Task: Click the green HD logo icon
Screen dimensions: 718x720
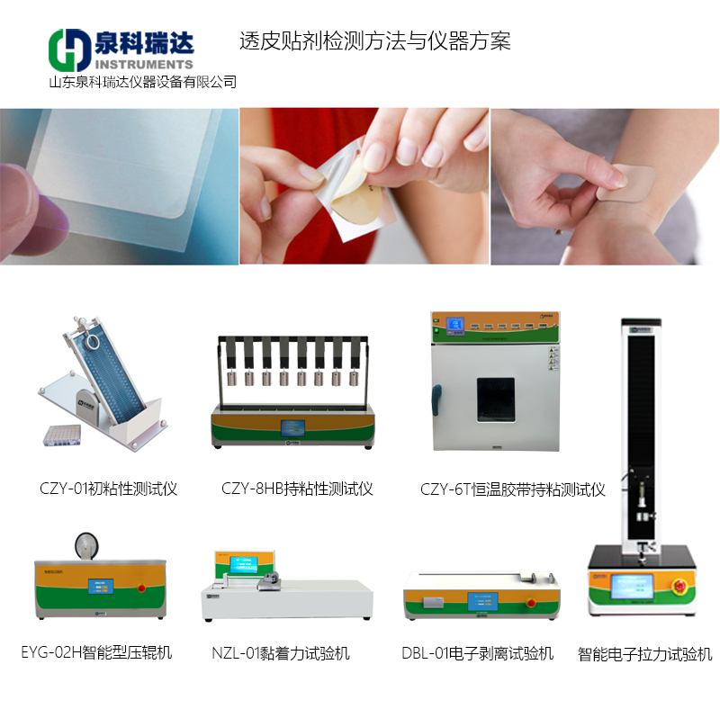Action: pyautogui.click(x=68, y=50)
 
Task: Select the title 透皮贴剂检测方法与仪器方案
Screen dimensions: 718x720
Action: pyautogui.click(x=375, y=41)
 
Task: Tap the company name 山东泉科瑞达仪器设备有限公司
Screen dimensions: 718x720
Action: pyautogui.click(x=142, y=82)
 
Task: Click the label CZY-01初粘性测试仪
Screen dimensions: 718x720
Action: pyautogui.click(x=108, y=489)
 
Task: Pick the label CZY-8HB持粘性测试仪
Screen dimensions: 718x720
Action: pyautogui.click(x=297, y=489)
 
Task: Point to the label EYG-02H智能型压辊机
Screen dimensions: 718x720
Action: pyautogui.click(x=96, y=651)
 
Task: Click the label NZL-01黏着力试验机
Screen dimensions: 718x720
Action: pyautogui.click(x=281, y=653)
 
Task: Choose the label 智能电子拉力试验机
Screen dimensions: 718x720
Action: pyautogui.click(x=644, y=654)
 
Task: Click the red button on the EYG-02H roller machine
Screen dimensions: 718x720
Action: pyautogui.click(x=141, y=588)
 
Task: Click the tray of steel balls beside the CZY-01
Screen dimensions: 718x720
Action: pyautogui.click(x=60, y=436)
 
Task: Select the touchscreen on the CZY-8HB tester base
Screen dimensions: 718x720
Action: pyautogui.click(x=294, y=427)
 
